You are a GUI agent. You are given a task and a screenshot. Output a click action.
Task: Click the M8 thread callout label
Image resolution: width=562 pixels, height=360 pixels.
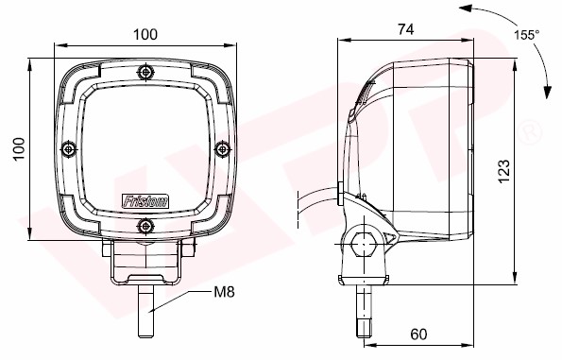tap(224, 292)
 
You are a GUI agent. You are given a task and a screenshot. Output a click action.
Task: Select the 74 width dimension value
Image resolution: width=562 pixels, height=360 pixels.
tap(406, 29)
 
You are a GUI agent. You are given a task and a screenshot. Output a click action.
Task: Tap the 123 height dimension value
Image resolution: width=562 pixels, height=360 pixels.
tap(504, 171)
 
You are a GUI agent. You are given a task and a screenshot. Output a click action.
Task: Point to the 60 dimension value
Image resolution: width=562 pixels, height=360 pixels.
tap(418, 334)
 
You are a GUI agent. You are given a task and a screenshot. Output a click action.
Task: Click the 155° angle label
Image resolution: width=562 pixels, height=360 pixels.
tap(527, 35)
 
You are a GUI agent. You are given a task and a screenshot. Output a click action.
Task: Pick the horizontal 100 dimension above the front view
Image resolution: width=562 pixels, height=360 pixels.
tap(145, 35)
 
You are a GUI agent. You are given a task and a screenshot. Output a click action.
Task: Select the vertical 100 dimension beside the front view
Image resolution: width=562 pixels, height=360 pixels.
tap(19, 148)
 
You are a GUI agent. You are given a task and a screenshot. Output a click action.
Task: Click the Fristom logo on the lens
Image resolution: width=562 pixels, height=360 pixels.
tap(145, 201)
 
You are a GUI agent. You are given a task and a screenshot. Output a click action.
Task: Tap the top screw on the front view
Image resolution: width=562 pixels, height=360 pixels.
tap(145, 72)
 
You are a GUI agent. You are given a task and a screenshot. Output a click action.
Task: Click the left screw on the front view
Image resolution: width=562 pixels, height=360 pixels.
tap(69, 148)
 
